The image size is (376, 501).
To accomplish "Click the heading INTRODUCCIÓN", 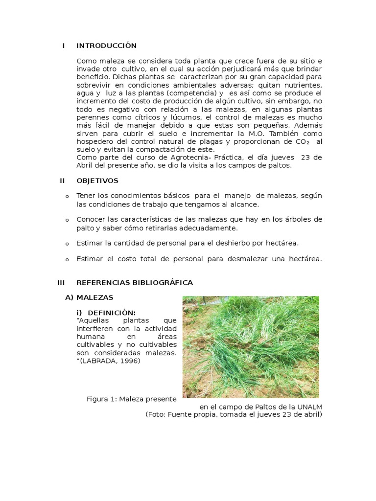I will point(106,46).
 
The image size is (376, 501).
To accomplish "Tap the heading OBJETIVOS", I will point(97,181).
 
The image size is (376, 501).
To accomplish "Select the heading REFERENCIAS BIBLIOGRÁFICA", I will point(135,282).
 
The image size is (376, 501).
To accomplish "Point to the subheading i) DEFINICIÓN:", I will point(106,313).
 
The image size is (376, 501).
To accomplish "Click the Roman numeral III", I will point(61,282).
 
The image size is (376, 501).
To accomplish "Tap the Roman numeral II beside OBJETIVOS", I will point(62,181).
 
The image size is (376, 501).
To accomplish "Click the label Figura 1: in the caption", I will point(102,399).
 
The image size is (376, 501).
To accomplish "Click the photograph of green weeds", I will point(251,346).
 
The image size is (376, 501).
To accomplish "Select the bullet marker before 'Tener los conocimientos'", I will point(67,196).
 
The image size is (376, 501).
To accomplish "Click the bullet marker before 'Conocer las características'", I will point(67,220).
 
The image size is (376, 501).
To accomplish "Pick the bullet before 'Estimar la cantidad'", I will point(67,244).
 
